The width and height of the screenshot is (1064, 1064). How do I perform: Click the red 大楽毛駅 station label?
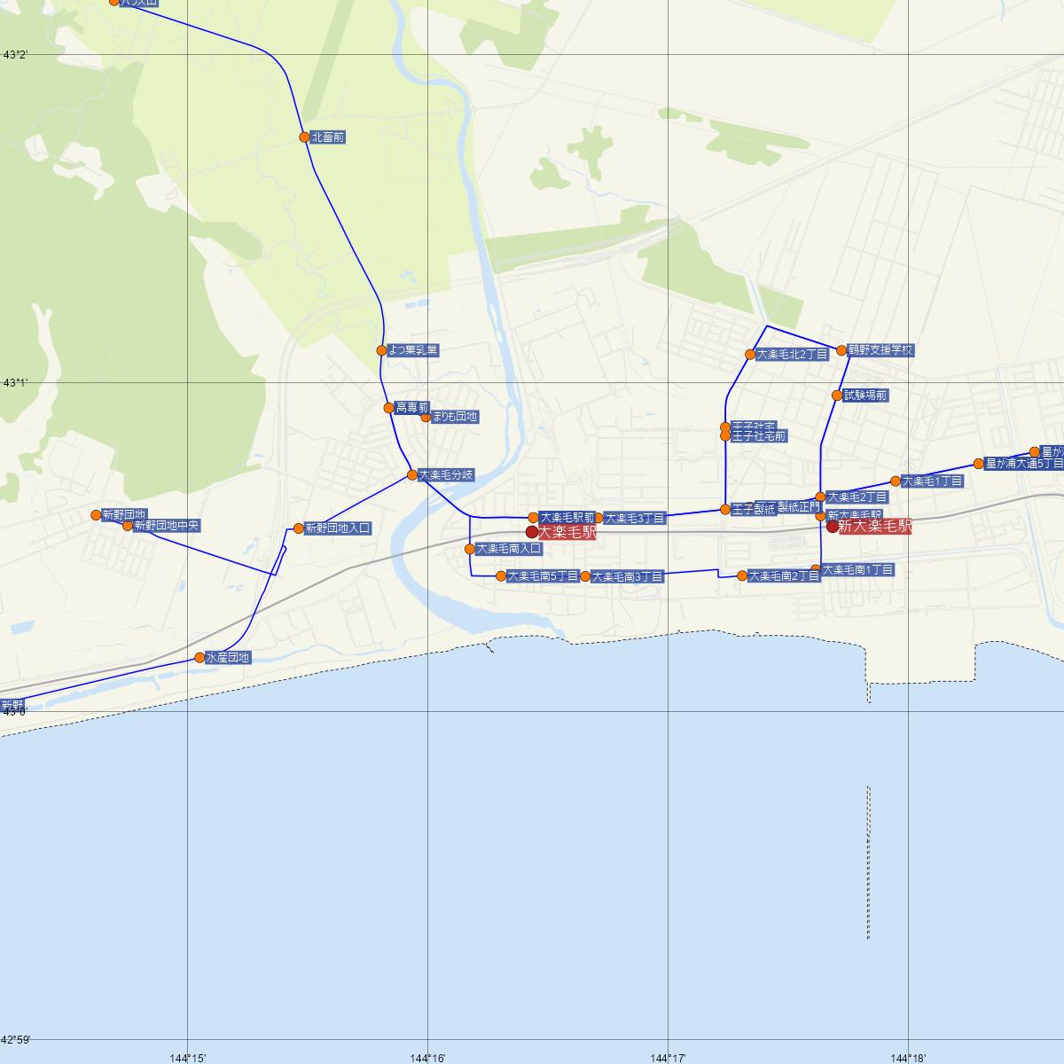(567, 533)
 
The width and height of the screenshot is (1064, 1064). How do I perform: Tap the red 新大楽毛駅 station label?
(875, 527)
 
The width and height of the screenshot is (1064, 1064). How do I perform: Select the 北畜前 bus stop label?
(328, 137)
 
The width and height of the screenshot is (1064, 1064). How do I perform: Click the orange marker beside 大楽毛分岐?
(412, 475)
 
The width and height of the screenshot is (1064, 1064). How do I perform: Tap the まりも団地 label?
(455, 417)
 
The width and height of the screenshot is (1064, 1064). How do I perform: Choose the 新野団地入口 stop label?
(338, 528)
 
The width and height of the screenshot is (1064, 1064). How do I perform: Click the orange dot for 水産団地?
(199, 658)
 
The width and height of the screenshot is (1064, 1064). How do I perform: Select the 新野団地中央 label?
(167, 526)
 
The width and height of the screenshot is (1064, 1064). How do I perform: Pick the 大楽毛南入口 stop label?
(508, 549)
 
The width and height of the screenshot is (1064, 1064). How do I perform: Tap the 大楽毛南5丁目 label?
(543, 576)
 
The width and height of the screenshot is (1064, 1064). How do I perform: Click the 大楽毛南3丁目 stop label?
(627, 576)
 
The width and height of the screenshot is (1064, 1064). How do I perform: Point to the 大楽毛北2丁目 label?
(792, 355)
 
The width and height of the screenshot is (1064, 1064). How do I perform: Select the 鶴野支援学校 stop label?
(880, 350)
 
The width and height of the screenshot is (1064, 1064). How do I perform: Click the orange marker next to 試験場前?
(837, 395)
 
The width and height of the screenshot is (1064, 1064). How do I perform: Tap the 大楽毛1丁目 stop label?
(932, 481)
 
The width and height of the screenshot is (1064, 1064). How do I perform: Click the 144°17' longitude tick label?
(668, 1057)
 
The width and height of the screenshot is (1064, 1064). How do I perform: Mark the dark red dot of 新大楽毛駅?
(832, 527)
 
